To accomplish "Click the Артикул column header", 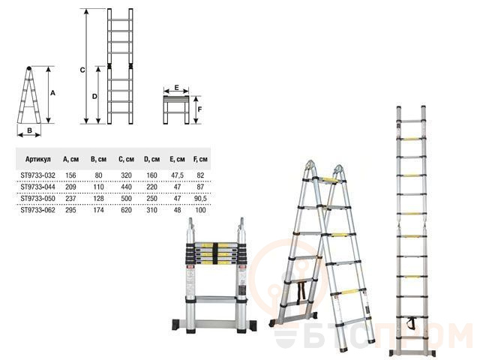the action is click(x=38, y=159).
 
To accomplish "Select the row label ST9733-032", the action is click(x=38, y=175).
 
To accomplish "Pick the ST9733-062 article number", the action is click(x=38, y=210).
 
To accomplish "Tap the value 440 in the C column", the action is click(x=126, y=187).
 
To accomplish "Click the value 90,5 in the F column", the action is click(x=200, y=199).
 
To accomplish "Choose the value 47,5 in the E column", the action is click(x=177, y=175).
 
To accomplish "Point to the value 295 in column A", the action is click(x=70, y=210).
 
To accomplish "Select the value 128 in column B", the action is click(x=98, y=199).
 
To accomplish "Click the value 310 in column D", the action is click(x=151, y=210).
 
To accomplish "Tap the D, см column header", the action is click(x=151, y=159).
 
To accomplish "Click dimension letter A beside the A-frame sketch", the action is click(x=52, y=93).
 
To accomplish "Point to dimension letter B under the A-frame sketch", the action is click(x=30, y=130).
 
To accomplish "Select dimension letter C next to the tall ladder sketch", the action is click(x=82, y=70).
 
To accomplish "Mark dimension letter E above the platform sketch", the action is click(x=177, y=88).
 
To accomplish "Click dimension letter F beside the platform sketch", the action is click(x=199, y=109).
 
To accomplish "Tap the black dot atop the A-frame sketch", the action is click(x=28, y=68).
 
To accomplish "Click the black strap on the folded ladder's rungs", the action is click(x=215, y=253).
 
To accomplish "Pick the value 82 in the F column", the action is click(x=200, y=175).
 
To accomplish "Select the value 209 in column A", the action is click(x=70, y=187).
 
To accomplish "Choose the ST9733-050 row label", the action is click(x=38, y=199).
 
